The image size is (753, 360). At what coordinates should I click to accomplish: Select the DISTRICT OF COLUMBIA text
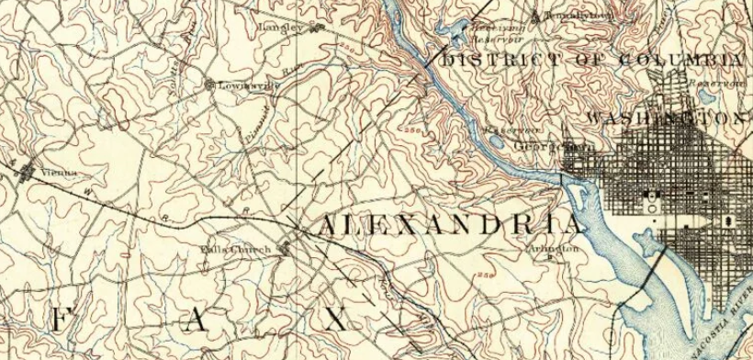coord(593,61)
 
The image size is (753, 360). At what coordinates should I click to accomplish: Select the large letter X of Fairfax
coord(339,320)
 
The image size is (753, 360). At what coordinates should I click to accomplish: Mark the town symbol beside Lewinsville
coord(209,85)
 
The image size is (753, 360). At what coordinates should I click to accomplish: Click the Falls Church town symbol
coord(286,245)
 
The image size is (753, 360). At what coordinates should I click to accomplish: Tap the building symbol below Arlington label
coord(549,258)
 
